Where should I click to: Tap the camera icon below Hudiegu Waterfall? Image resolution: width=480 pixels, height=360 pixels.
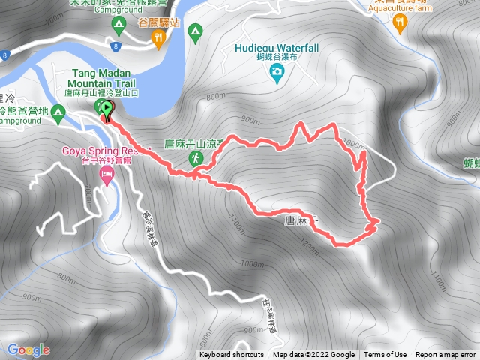(277, 72)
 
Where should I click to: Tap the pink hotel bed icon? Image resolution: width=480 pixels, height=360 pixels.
(107, 176)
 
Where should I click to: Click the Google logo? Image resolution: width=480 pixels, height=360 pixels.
(28, 349)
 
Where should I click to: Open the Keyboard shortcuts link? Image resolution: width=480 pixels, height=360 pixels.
(232, 355)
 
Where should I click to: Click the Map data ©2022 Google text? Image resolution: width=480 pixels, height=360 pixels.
(313, 355)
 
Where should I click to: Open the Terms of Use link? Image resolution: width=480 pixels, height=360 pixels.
(385, 355)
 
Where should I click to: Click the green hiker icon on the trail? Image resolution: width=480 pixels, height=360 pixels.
(196, 158)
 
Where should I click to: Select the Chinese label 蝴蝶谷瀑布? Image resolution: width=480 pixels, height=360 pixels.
(276, 58)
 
